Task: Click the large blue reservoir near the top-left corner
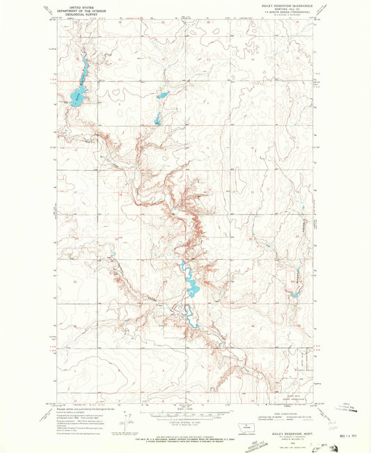click(x=76, y=94)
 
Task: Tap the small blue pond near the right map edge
click(x=294, y=295)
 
